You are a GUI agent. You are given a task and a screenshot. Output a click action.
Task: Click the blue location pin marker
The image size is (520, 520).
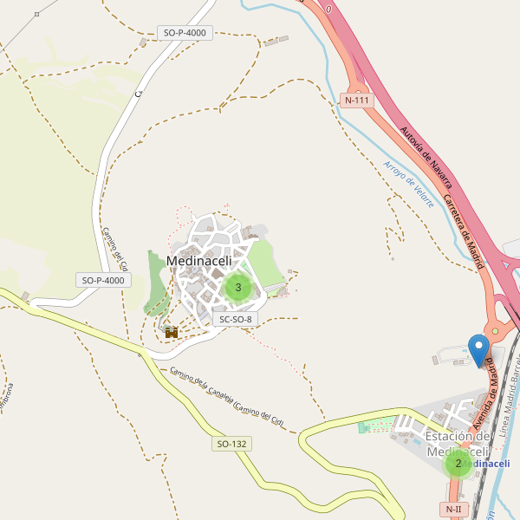[x=478, y=349]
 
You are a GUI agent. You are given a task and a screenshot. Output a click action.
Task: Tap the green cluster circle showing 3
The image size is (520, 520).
[x=238, y=287]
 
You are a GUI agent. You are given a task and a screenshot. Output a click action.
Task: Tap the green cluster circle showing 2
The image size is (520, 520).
[x=458, y=463]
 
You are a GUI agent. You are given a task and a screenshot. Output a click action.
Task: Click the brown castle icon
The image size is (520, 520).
[x=172, y=331]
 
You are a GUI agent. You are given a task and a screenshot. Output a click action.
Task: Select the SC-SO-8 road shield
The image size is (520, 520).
[x=235, y=319]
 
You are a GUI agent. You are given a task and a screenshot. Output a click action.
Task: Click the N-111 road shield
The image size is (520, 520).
[x=357, y=100]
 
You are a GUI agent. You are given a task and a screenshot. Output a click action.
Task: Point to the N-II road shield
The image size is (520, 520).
[x=454, y=509]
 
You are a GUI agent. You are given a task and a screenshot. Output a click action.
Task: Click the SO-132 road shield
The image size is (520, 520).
[x=232, y=444]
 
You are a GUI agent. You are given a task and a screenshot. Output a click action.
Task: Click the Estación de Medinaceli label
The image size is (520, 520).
[x=458, y=444]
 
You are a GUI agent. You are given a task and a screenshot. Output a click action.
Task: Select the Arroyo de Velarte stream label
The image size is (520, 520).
[x=408, y=183]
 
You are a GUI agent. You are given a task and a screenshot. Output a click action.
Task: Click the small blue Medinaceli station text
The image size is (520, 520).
[x=485, y=465]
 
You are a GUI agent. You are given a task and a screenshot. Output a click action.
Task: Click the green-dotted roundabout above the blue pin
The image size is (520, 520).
[x=495, y=330]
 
